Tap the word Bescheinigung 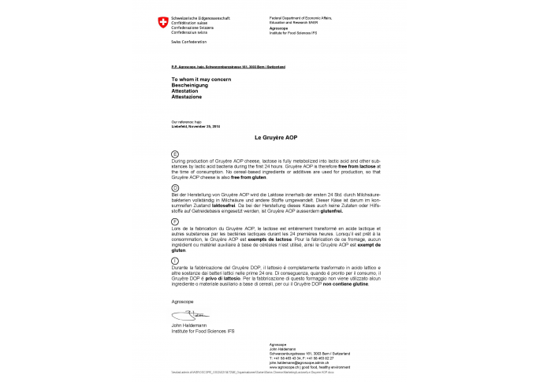(188, 87)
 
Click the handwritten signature (182, 315)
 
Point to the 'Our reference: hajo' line (184, 121)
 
